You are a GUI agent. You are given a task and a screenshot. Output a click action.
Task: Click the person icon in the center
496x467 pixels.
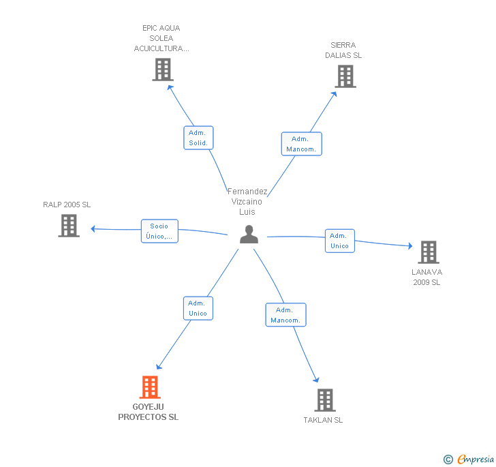[249, 234]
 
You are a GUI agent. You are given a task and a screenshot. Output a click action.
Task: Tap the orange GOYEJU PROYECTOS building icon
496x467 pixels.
[150, 387]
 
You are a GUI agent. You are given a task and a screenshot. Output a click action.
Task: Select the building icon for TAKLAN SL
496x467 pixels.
[325, 400]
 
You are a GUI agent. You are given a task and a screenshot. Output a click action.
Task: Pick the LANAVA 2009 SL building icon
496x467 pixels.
[429, 252]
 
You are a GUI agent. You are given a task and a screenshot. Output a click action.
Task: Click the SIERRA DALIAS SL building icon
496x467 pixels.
[345, 76]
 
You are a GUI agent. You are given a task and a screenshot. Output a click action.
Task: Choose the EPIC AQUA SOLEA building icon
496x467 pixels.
[163, 70]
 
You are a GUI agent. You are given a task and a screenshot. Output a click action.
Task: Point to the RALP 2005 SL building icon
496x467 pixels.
[69, 226]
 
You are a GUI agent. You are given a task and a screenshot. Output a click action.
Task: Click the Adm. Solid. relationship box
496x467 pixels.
[198, 138]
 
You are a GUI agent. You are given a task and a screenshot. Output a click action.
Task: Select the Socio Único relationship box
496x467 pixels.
[159, 231]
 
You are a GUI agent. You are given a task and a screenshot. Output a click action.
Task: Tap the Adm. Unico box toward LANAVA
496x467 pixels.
[339, 241]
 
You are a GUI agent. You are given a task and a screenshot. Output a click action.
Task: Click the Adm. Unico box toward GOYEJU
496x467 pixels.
[198, 308]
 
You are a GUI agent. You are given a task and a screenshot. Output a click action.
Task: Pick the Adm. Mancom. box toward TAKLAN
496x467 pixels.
[285, 315]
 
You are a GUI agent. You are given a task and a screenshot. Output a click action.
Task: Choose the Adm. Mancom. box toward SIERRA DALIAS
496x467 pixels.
[301, 144]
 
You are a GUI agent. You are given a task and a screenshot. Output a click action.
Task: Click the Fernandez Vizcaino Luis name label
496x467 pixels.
[247, 202]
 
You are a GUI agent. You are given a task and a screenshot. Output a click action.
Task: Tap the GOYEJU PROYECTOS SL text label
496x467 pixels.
[149, 412]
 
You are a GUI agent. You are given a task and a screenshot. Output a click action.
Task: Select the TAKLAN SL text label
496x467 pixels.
[324, 420]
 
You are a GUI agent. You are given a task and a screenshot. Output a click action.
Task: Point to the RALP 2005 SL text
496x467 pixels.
[67, 205]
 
